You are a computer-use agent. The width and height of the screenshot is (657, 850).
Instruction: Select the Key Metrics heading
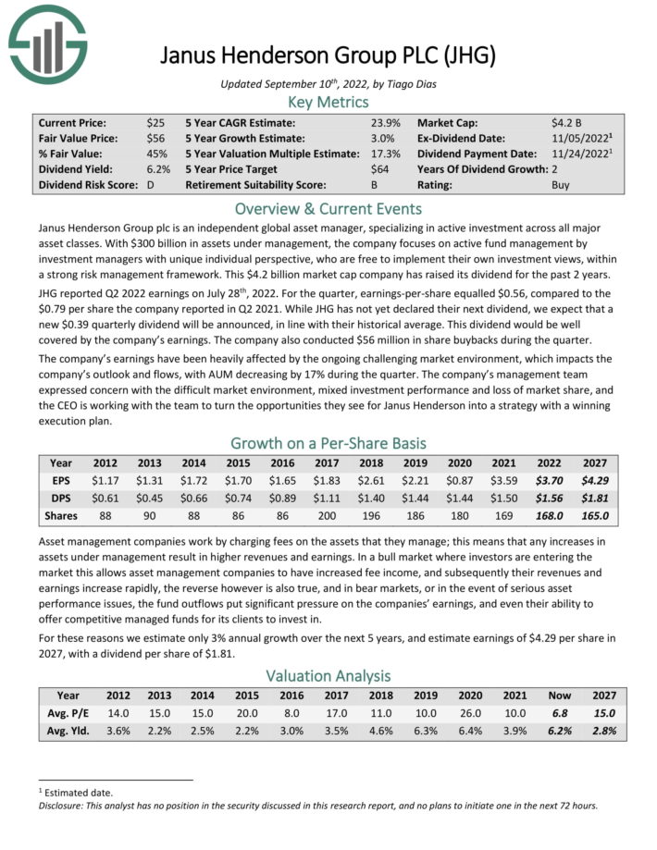pos(328,102)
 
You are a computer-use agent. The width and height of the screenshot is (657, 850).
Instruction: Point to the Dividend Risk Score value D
pos(151,184)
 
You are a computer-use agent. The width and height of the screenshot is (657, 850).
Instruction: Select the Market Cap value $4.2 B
pos(565,122)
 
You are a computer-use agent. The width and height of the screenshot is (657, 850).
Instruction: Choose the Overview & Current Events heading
pos(328,207)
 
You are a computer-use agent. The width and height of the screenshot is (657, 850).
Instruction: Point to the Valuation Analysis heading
pos(328,676)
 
